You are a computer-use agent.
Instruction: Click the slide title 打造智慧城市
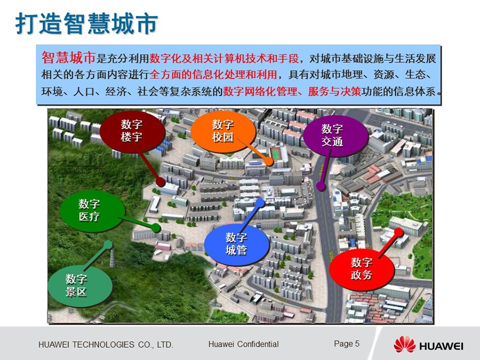tap(86, 23)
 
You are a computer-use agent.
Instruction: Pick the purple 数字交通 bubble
tap(335, 135)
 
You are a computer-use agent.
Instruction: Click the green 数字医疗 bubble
tap(92, 210)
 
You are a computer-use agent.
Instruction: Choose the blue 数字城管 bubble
tap(237, 244)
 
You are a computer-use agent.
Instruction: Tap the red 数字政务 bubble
tap(362, 269)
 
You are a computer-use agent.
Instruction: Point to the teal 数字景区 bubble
tap(79, 286)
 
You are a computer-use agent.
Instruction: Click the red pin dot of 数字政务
tap(398, 233)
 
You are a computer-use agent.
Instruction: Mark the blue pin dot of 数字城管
tap(260, 203)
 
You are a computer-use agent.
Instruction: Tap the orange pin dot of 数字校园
tap(269, 161)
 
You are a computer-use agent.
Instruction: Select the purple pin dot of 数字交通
tap(321, 186)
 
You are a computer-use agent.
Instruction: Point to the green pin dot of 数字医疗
tap(156, 228)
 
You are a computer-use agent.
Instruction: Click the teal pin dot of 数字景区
tap(108, 245)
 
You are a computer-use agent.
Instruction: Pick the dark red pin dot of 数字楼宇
tap(160, 182)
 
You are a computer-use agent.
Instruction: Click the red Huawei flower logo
tap(404, 344)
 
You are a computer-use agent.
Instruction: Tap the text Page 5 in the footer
tap(347, 343)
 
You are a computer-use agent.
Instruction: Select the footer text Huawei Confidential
tap(243, 344)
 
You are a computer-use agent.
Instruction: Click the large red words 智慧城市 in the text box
tap(69, 58)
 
